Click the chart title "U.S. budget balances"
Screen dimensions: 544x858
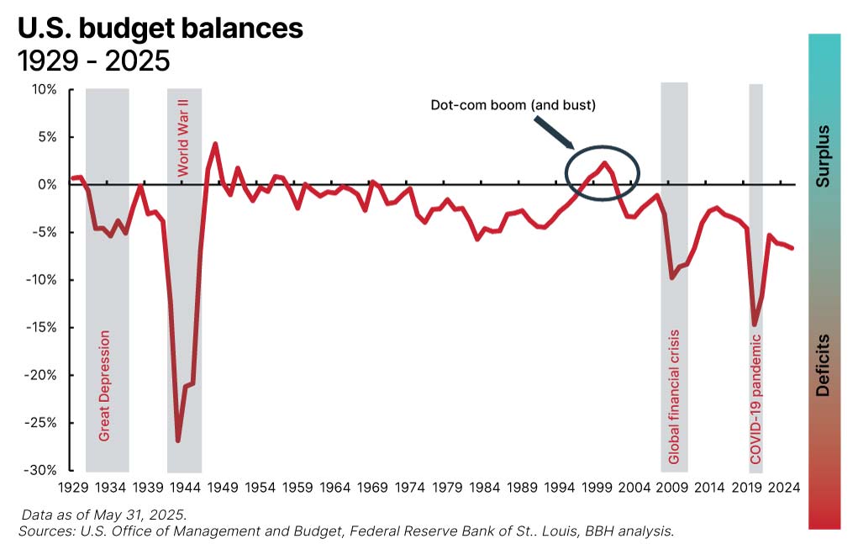160,28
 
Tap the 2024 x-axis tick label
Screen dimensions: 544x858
783,487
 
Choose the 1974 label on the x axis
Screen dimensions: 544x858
409,487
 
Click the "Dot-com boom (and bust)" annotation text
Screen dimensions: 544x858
513,106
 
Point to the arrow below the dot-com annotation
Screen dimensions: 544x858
554,132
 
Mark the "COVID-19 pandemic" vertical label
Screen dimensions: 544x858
755,399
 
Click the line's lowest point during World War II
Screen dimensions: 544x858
177,441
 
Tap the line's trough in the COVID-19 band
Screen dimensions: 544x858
755,325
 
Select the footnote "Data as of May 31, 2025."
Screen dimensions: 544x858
104,514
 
